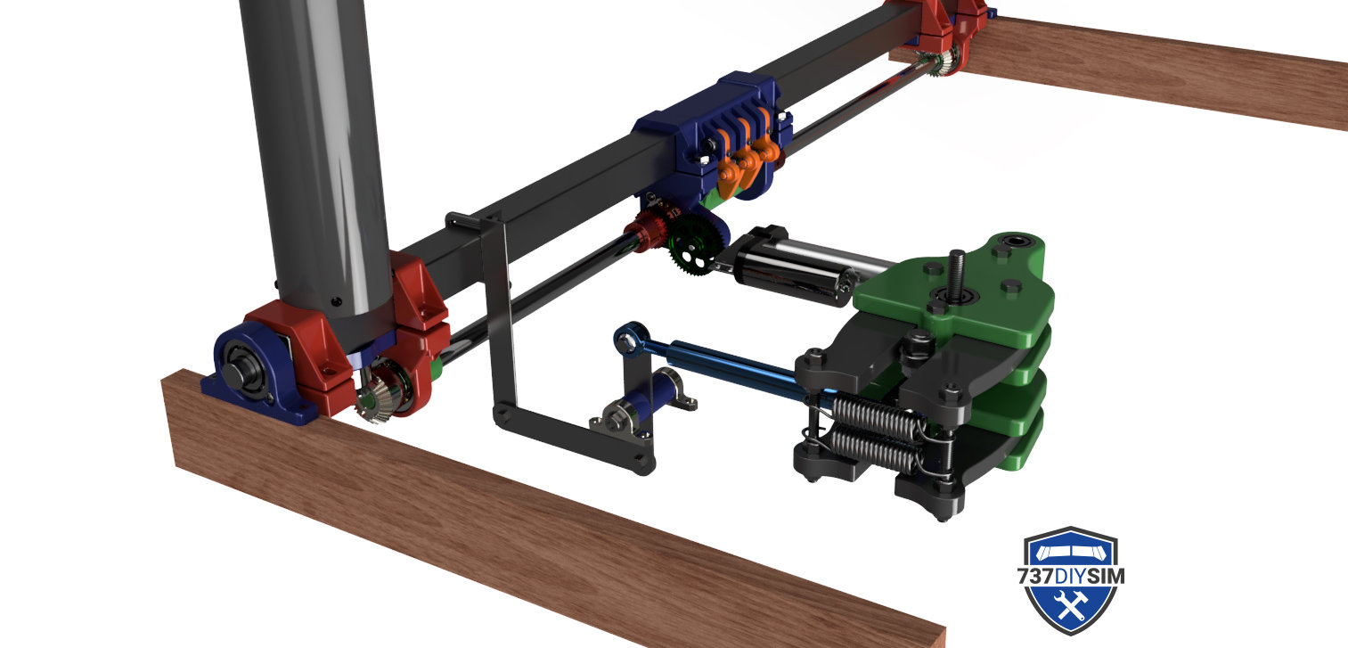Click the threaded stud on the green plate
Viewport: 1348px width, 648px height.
pyautogui.click(x=956, y=274)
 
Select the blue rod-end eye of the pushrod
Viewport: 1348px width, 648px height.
pyautogui.click(x=629, y=340)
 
